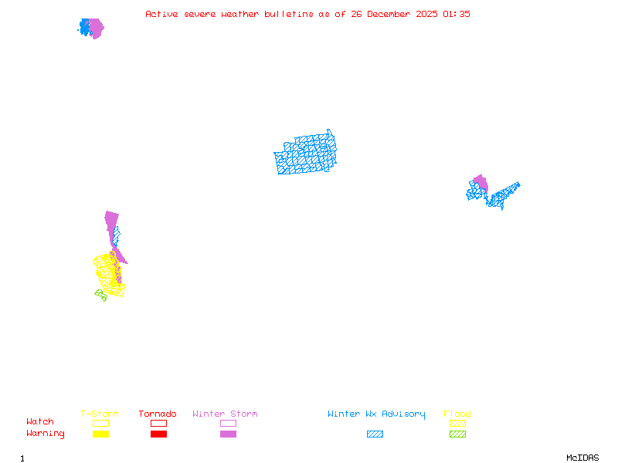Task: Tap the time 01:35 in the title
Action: pyautogui.click(x=456, y=14)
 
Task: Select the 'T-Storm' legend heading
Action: pyautogui.click(x=100, y=414)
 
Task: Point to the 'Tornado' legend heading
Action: pyautogui.click(x=158, y=414)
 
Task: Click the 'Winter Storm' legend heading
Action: pyautogui.click(x=225, y=414)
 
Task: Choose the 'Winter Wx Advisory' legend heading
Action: pyautogui.click(x=376, y=414)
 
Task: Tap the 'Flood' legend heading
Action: pyautogui.click(x=457, y=414)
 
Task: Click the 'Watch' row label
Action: pyautogui.click(x=40, y=422)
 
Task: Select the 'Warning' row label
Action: pyautogui.click(x=46, y=434)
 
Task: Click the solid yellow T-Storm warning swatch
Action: pyautogui.click(x=100, y=434)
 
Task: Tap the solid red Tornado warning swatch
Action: pyautogui.click(x=158, y=434)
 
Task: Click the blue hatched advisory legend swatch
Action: pyautogui.click(x=375, y=434)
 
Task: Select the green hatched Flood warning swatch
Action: pyautogui.click(x=457, y=434)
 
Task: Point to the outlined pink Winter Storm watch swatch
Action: pyautogui.click(x=228, y=424)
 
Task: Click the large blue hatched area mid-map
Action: pyautogui.click(x=306, y=154)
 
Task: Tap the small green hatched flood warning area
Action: pyautogui.click(x=100, y=294)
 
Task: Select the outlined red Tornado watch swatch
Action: pyautogui.click(x=158, y=424)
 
